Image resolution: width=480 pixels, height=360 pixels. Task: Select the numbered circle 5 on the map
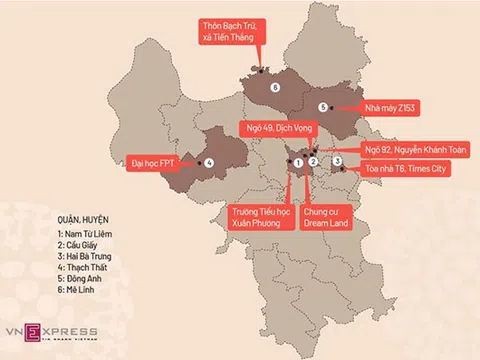(323, 106)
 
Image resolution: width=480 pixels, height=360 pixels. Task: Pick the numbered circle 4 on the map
(210, 162)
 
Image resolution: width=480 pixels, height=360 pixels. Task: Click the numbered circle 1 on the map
(298, 162)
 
